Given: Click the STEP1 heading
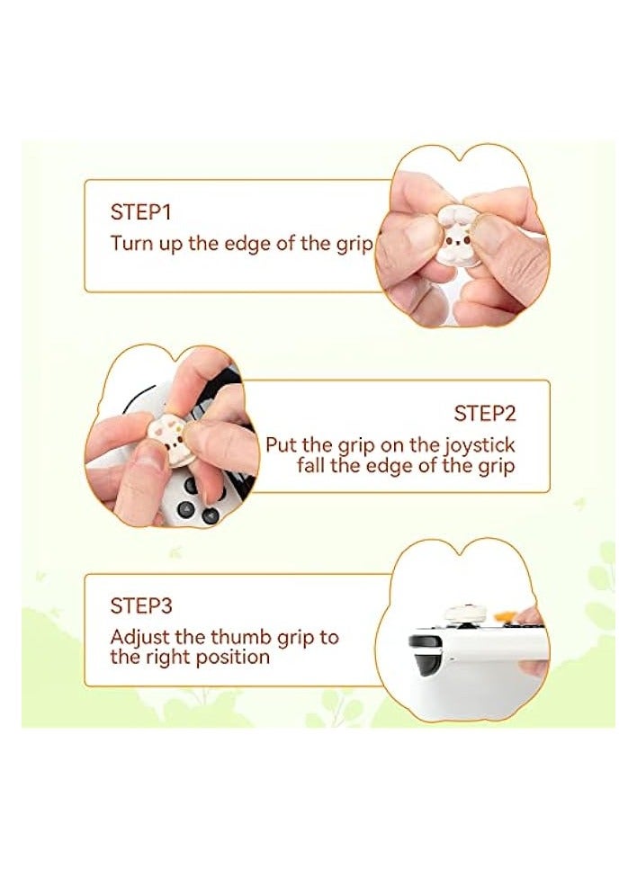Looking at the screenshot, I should click(140, 212).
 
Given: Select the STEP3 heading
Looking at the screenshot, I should click(141, 605).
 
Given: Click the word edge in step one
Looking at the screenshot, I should click(244, 244).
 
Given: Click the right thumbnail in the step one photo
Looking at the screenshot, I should click(491, 233).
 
